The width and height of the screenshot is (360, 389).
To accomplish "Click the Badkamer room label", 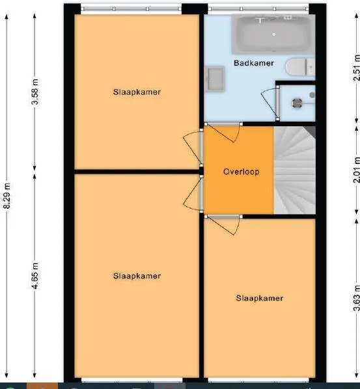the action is click(254, 63).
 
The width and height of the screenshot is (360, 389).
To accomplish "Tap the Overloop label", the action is click(242, 172).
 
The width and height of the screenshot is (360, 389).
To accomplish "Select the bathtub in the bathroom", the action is click(273, 34).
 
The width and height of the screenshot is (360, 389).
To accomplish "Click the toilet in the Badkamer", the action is click(300, 66).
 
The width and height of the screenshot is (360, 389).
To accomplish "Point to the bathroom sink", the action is click(216, 79).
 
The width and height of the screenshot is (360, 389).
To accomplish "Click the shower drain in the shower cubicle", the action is click(297, 103).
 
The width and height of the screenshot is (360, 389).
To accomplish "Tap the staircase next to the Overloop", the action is click(295, 170).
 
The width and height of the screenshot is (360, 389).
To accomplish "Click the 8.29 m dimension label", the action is click(7, 196).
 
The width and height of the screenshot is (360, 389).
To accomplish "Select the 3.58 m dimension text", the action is click(35, 92).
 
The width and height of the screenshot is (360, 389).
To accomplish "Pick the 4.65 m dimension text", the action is click(35, 275).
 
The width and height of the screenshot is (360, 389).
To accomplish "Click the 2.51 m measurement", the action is click(357, 68).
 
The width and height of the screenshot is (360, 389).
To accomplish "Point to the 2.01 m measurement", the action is click(357, 170).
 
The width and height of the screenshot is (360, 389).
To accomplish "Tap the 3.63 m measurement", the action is click(357, 298).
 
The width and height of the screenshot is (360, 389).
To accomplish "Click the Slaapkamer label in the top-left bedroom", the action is click(137, 92).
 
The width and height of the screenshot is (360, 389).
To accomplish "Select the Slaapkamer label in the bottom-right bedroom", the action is click(260, 298).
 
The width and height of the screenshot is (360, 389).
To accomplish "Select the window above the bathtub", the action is click(258, 9).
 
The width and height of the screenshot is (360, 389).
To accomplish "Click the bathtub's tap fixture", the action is click(260, 19).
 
